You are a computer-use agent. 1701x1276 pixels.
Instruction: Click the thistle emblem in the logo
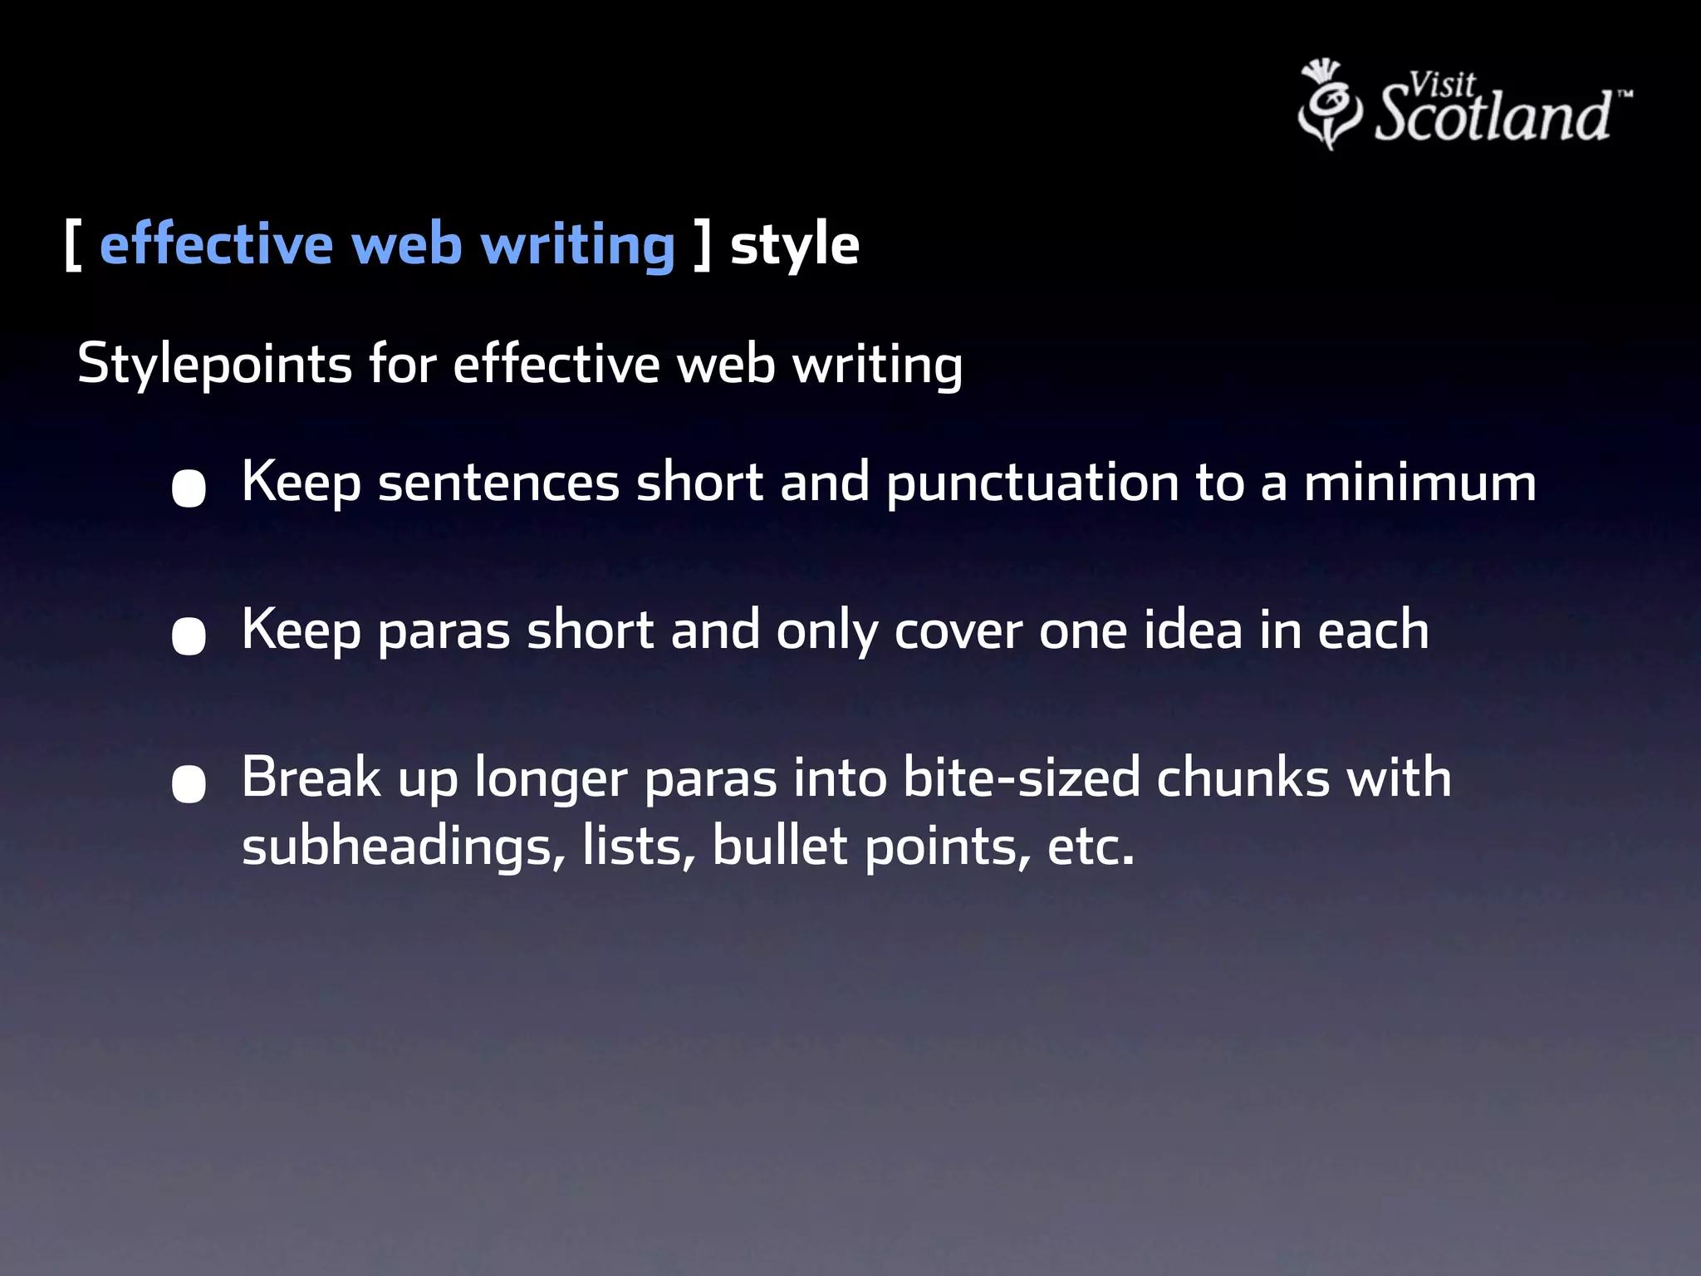coord(1329,104)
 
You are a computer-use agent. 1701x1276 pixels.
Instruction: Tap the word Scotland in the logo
coord(1493,115)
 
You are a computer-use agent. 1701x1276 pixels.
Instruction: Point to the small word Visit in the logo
coord(1443,84)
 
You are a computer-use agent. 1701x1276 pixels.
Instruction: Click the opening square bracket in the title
coord(72,246)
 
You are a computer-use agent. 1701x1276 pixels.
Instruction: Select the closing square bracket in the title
coord(703,246)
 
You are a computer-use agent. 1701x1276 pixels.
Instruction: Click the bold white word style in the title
coord(795,246)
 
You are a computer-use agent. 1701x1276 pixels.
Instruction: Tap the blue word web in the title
coord(407,246)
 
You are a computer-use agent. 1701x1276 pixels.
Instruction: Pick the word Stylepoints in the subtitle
coord(214,364)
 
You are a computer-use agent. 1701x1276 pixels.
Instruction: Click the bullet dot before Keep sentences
coord(189,488)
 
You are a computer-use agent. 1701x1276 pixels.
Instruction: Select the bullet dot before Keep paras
coord(189,636)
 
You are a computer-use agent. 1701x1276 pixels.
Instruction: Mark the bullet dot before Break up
coord(189,783)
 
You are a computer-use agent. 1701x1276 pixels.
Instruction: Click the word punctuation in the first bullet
coord(1032,483)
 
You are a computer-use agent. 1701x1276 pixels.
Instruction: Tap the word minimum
coord(1420,483)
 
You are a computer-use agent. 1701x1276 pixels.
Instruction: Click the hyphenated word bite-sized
coord(1022,778)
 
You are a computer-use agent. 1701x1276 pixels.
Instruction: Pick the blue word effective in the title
coord(216,246)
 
